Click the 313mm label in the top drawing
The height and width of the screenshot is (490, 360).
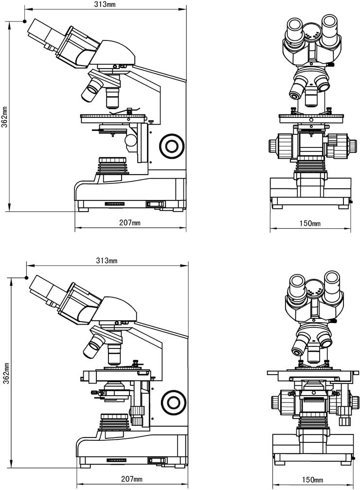point(105,4)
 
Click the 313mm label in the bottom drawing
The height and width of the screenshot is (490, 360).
point(107,260)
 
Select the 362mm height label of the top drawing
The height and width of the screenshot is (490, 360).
point(4,117)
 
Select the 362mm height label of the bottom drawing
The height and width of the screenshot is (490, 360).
point(6,373)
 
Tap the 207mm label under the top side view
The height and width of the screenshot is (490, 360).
point(130,223)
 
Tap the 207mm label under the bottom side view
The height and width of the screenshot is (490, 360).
point(131,479)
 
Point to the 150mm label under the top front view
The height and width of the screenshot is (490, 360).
point(310,223)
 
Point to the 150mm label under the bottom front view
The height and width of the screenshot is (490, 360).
point(312,479)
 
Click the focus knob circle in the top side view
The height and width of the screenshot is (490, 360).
point(172,145)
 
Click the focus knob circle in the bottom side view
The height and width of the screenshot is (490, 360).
point(174,401)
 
